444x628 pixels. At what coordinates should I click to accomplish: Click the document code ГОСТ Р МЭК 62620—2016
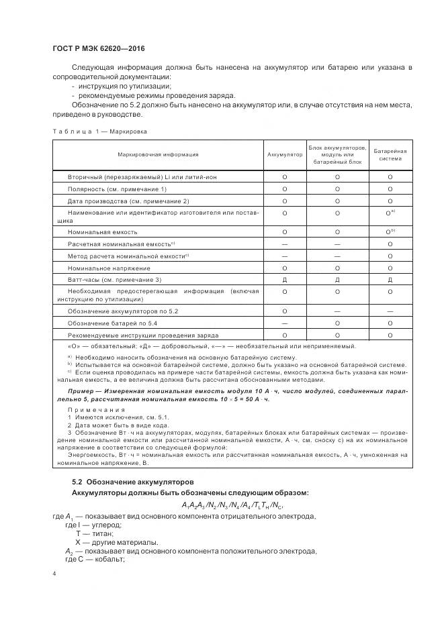98,49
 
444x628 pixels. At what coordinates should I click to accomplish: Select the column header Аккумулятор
285,154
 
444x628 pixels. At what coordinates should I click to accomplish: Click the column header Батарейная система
390,154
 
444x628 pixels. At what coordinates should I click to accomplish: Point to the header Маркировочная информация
158,154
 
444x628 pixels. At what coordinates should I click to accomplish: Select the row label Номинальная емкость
102,231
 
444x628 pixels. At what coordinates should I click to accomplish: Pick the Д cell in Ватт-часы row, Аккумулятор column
285,279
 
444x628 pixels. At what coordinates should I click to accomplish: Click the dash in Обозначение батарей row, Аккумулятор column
285,323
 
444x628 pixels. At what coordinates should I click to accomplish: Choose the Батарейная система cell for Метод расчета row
390,256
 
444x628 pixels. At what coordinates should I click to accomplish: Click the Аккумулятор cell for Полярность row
285,189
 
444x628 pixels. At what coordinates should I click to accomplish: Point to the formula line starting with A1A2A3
232,505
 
